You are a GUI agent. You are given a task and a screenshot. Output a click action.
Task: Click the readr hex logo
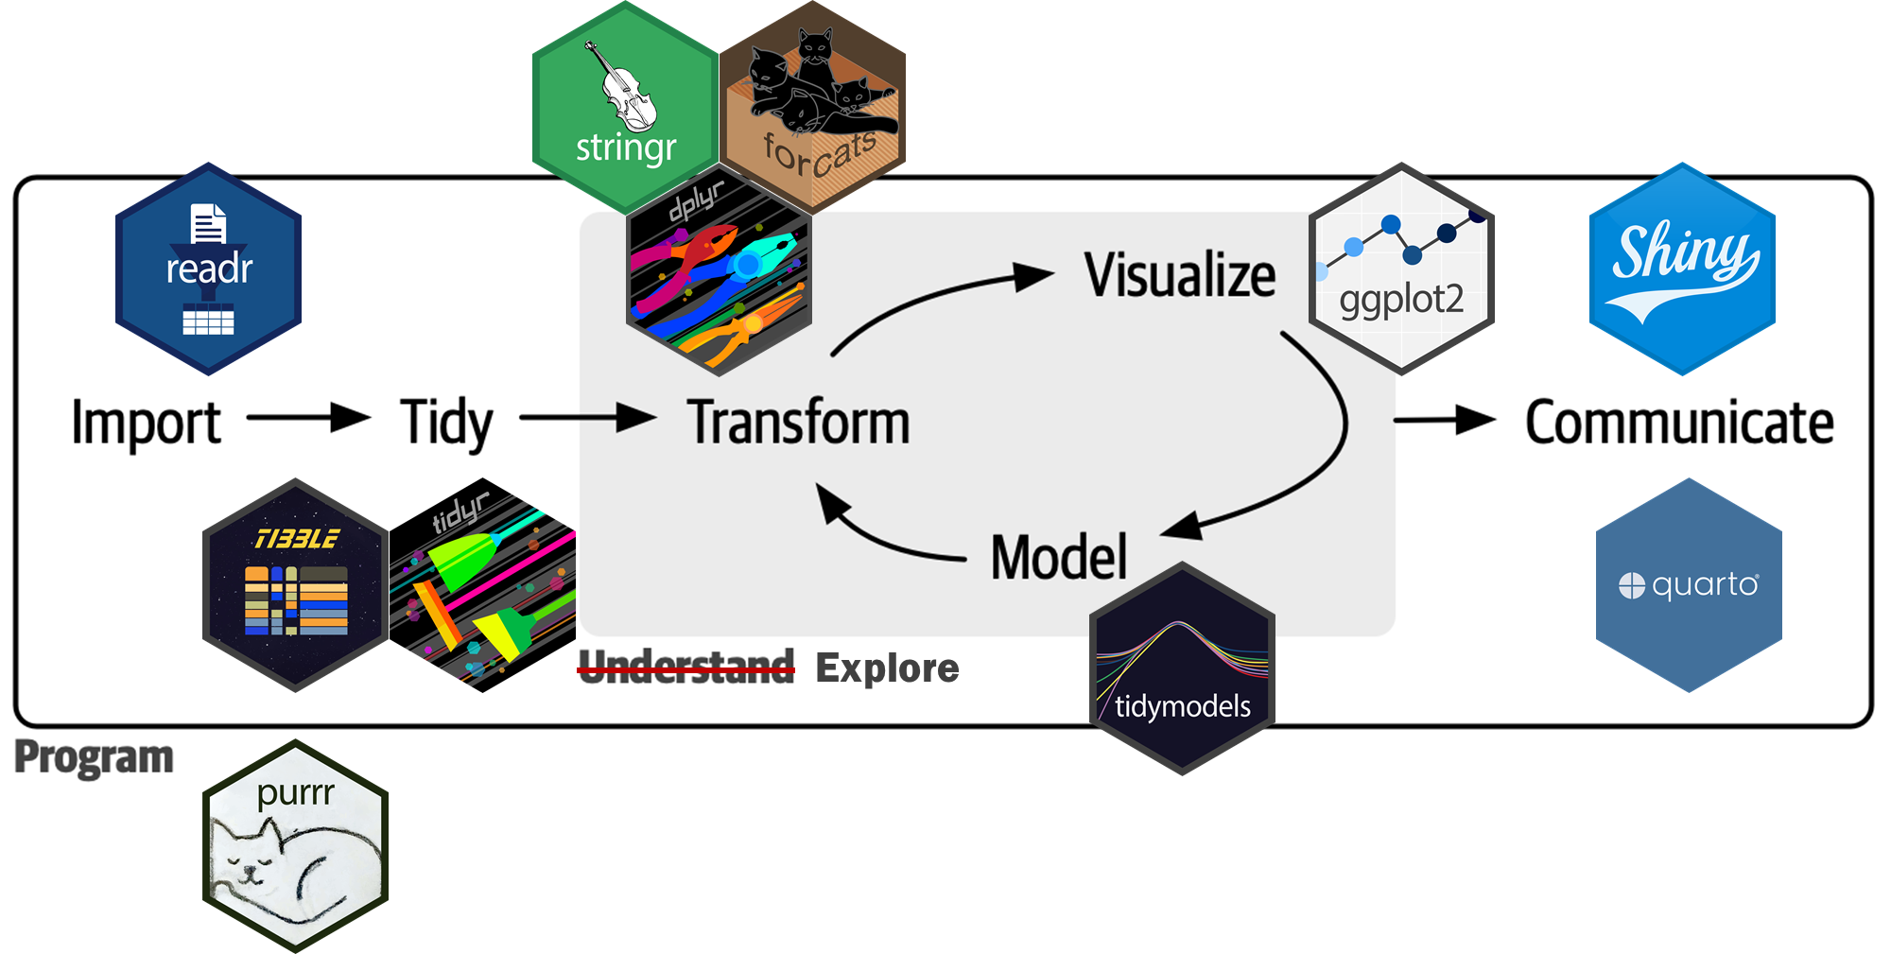(x=208, y=269)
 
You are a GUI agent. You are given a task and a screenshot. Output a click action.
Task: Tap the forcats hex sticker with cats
(x=813, y=104)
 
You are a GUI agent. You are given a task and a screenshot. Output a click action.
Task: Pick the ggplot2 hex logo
(x=1401, y=269)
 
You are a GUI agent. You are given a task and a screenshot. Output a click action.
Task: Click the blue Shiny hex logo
(x=1682, y=269)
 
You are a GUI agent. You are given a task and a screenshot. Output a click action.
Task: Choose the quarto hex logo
(x=1689, y=585)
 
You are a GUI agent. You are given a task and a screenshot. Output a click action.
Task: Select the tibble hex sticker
(x=296, y=585)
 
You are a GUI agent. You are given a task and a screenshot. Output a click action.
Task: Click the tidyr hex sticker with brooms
(x=483, y=585)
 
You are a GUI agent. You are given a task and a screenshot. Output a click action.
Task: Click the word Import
(x=147, y=423)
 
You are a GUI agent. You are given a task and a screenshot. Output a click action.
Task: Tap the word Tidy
(x=446, y=423)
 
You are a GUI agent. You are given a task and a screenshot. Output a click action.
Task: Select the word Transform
(x=799, y=423)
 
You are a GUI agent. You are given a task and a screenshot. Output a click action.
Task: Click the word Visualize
(x=1180, y=275)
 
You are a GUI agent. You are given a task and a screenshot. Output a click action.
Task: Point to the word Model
(x=1059, y=557)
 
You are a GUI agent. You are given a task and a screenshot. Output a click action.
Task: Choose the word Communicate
(x=1679, y=423)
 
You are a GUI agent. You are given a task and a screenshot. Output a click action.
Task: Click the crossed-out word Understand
(x=686, y=668)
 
